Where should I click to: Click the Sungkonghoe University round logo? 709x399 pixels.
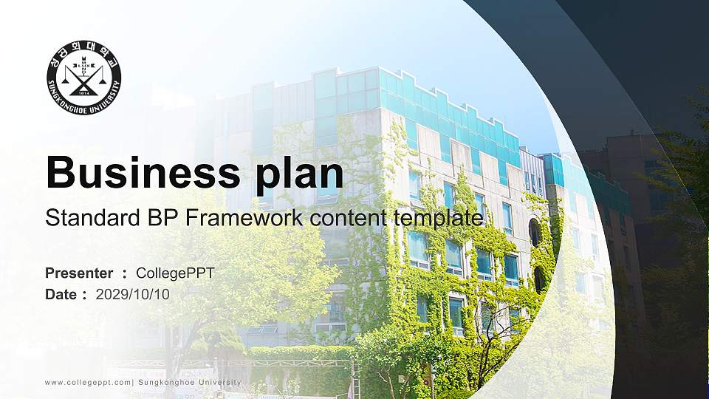click(84, 78)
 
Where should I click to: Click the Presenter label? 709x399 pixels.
click(79, 273)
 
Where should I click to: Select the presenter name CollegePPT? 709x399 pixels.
click(175, 273)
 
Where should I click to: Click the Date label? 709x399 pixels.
click(61, 294)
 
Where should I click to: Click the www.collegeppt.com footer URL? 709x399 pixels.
click(88, 382)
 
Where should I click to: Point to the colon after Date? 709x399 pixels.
click(84, 295)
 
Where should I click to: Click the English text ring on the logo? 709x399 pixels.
click(84, 108)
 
